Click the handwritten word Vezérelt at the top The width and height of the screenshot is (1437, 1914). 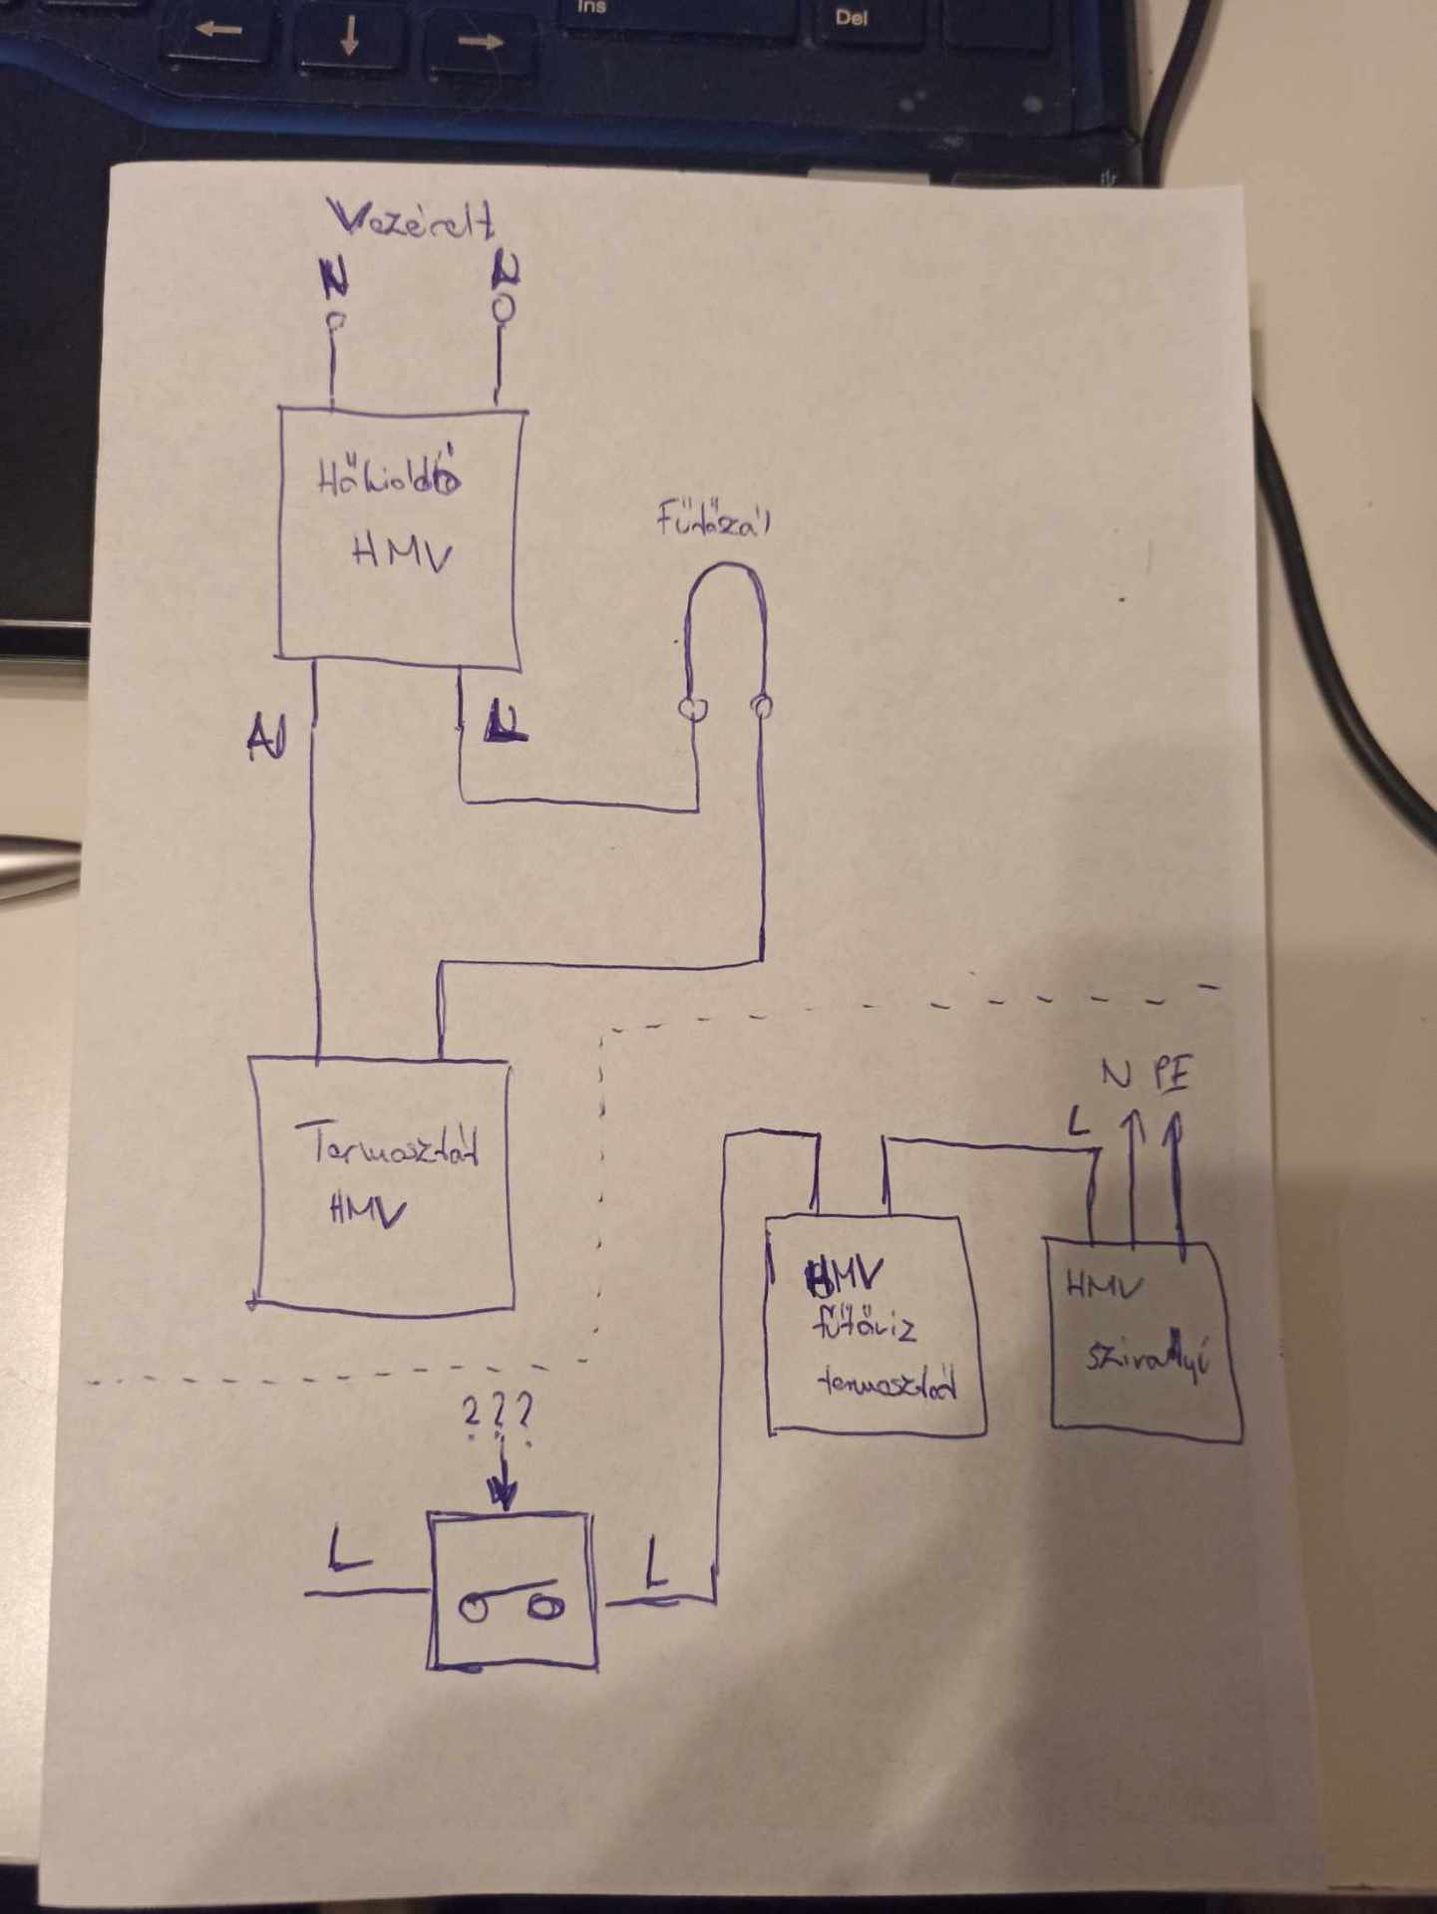point(411,221)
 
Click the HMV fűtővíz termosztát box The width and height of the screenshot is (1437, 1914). point(875,1326)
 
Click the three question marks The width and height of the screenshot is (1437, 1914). point(497,1413)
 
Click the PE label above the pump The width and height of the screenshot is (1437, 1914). point(1172,1076)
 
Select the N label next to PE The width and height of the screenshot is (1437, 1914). point(1118,1075)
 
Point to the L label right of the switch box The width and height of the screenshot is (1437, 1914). point(655,1563)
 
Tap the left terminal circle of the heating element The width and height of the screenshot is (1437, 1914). point(691,709)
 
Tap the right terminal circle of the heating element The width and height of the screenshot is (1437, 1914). point(762,708)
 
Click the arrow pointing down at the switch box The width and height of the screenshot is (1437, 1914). point(503,1485)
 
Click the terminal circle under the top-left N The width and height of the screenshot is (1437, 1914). point(335,321)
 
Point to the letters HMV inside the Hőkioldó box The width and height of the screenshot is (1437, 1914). point(402,553)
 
